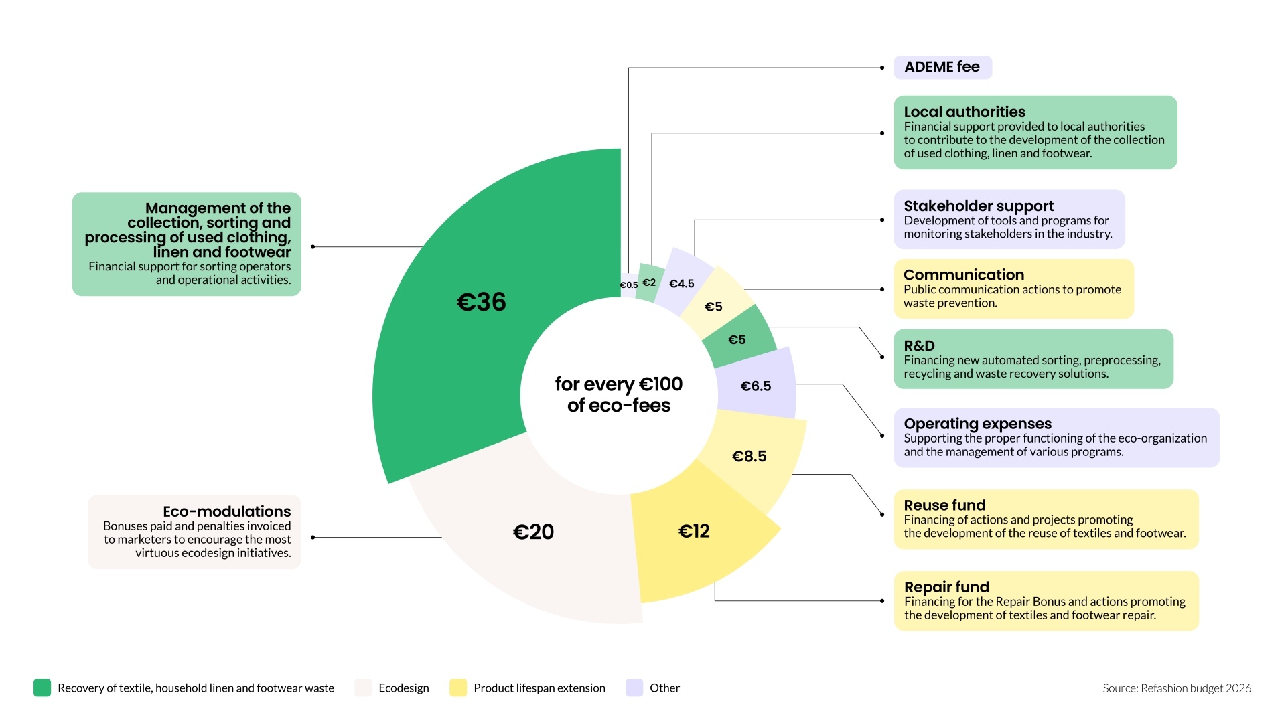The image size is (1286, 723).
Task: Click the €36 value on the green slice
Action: click(481, 302)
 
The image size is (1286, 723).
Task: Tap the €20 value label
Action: click(533, 532)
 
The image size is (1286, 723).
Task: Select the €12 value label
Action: click(694, 531)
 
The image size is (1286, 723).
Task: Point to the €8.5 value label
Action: click(749, 456)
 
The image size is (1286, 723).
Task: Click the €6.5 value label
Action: click(756, 386)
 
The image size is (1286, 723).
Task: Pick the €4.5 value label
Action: click(682, 284)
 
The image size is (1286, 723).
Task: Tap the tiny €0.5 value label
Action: click(629, 285)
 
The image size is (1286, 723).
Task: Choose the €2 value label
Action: click(649, 283)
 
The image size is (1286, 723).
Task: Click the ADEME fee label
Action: click(942, 67)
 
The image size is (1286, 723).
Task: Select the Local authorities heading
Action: click(964, 112)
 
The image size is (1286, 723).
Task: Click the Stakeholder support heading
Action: click(979, 206)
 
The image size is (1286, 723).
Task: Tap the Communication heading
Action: click(964, 274)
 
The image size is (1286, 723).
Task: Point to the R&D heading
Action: click(919, 345)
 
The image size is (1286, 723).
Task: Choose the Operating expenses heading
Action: click(977, 424)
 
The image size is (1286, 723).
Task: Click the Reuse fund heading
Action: click(944, 505)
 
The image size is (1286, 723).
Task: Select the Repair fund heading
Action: click(946, 587)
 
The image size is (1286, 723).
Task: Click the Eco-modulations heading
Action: click(226, 511)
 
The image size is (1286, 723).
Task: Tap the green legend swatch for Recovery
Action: click(42, 688)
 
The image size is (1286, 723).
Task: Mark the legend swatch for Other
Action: click(634, 688)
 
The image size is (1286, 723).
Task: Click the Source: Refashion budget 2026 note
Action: click(1177, 688)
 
